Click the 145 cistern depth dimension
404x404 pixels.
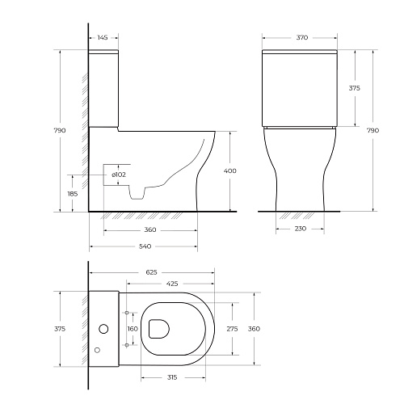(103, 37)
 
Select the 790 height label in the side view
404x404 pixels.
(60, 130)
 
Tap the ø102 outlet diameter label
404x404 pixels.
(119, 175)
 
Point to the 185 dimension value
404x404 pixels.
(73, 194)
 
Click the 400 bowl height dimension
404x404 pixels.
(230, 170)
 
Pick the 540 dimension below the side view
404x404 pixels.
(145, 246)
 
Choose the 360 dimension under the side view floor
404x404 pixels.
(150, 229)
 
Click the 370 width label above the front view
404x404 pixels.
(302, 37)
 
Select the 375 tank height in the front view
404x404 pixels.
(355, 88)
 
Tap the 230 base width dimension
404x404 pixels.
(301, 229)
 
